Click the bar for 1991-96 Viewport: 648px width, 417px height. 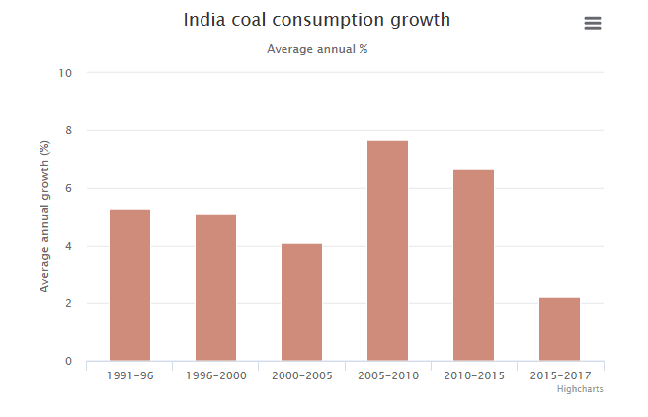(x=129, y=286)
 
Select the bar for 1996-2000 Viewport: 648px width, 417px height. (x=215, y=288)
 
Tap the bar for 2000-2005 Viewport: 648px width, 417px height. (x=301, y=302)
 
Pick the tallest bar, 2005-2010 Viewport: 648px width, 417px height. (x=387, y=251)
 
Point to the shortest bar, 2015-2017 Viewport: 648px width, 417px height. (x=559, y=329)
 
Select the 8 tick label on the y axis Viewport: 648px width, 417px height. (x=68, y=130)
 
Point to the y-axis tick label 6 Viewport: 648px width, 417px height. (x=68, y=188)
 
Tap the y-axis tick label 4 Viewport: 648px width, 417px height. (x=68, y=246)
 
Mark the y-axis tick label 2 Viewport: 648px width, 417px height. (x=68, y=303)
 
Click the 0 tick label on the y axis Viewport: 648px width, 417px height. (x=68, y=361)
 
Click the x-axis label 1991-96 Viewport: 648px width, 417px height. (x=129, y=375)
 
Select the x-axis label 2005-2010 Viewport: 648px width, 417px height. (x=387, y=375)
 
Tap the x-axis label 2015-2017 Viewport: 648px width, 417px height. (x=559, y=375)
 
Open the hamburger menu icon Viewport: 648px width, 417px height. (x=593, y=23)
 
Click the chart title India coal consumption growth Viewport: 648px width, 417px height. (x=317, y=20)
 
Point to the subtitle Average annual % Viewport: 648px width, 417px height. (x=317, y=48)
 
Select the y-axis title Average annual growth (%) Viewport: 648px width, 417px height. (x=44, y=216)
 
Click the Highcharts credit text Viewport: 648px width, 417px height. (x=580, y=389)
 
